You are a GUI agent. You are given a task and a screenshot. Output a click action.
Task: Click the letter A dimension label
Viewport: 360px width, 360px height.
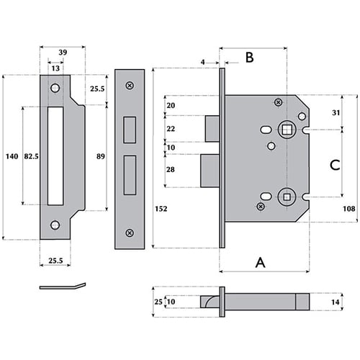click(x=261, y=262)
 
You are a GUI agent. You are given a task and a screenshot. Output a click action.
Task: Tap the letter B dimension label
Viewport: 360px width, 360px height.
click(x=250, y=58)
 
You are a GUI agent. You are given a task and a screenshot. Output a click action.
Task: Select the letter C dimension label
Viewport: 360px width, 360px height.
click(x=335, y=165)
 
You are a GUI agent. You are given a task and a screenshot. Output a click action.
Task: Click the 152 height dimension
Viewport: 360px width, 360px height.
click(x=161, y=209)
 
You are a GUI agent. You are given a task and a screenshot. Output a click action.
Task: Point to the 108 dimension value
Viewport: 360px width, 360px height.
click(x=348, y=209)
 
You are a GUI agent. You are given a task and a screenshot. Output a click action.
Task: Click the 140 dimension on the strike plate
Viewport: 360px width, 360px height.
click(x=12, y=156)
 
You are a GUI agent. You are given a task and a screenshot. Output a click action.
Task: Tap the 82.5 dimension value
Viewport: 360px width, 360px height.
click(x=31, y=156)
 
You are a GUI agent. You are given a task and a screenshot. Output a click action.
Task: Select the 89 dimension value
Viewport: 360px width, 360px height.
click(x=101, y=156)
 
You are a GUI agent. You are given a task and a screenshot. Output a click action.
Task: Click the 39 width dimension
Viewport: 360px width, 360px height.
click(x=63, y=53)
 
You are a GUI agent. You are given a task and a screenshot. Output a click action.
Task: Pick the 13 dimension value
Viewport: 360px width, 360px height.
click(x=55, y=68)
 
